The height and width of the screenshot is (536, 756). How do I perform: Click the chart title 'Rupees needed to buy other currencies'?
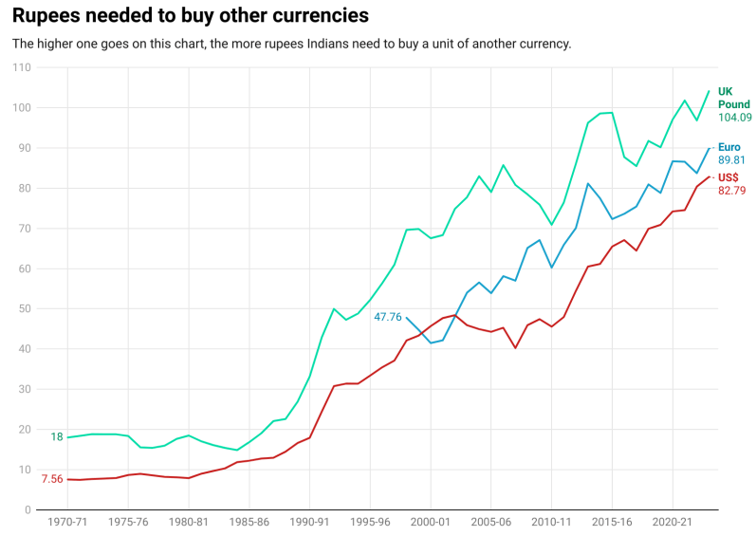[x=191, y=16]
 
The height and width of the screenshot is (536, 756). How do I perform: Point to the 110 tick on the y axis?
[x=20, y=68]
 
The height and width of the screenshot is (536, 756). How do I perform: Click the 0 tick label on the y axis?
[x=27, y=509]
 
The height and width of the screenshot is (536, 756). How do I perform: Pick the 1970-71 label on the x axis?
[x=67, y=522]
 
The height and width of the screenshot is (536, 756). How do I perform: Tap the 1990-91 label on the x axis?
[x=309, y=522]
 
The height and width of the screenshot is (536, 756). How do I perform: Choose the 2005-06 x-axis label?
[x=490, y=522]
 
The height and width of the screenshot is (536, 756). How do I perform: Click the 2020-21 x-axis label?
[x=672, y=522]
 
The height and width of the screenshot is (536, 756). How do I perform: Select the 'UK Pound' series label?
[x=733, y=98]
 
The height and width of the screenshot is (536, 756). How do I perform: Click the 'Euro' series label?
[x=729, y=147]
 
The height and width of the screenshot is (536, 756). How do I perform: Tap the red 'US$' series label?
[x=728, y=177]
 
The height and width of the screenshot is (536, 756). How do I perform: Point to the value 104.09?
[x=734, y=118]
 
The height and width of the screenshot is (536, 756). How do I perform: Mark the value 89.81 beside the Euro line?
[x=734, y=161]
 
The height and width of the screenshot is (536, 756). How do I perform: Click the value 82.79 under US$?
[x=734, y=192]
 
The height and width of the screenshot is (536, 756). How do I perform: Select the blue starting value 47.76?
[x=387, y=317]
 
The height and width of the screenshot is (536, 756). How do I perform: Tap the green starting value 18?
[x=57, y=437]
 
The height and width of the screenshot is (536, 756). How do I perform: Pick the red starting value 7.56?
[x=52, y=479]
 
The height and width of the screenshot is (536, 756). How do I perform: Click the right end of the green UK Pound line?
[x=709, y=92]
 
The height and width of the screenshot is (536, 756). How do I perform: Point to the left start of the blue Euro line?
[x=406, y=318]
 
